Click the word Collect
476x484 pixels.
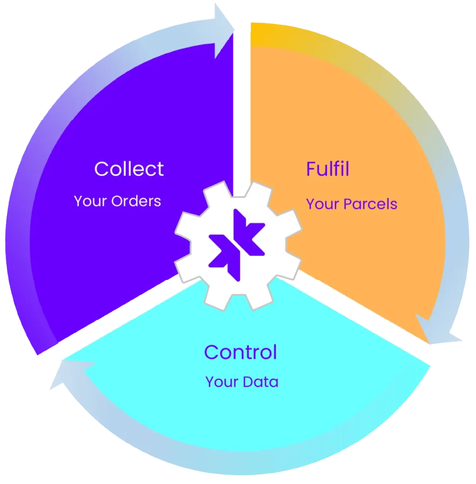click(129, 169)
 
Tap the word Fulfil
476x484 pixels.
click(328, 169)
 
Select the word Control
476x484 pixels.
click(240, 352)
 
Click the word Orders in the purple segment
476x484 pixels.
click(136, 201)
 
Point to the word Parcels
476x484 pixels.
click(370, 204)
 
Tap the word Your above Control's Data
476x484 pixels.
click(221, 382)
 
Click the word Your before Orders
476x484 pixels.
click(90, 201)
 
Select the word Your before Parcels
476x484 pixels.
click(323, 204)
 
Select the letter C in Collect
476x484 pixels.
click(101, 169)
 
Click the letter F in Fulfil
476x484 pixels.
click(311, 169)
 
